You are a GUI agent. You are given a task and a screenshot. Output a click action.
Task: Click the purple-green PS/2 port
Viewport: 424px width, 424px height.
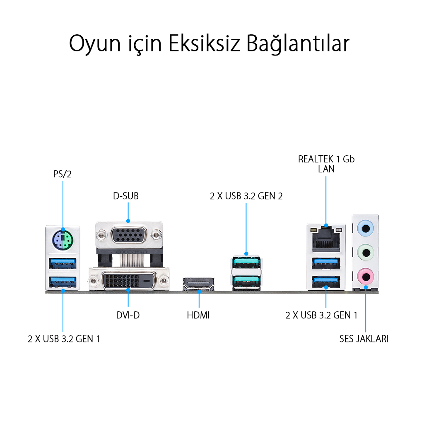point(63,240)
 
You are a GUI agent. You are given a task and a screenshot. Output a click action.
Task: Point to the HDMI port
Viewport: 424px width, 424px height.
point(198,284)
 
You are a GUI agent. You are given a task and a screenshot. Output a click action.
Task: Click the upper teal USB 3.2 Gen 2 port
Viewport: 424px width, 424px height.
point(246,262)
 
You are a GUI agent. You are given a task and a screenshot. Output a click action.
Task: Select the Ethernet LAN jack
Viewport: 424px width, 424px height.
point(326,239)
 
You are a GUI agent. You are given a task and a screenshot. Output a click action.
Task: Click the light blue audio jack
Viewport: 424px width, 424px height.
point(366,229)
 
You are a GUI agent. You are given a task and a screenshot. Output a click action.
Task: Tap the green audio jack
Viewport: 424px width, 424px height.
point(366,253)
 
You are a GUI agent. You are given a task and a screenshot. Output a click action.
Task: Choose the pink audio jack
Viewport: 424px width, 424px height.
point(366,277)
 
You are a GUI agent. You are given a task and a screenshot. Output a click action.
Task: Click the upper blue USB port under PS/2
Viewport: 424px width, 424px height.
point(63,263)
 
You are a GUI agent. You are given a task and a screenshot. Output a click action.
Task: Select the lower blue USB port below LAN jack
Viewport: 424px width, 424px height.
point(326,282)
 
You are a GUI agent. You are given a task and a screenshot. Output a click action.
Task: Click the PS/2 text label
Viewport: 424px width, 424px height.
point(63,174)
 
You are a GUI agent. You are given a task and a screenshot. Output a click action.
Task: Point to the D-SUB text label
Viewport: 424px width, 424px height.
point(126,196)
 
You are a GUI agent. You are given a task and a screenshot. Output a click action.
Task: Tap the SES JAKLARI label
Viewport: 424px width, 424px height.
point(364,339)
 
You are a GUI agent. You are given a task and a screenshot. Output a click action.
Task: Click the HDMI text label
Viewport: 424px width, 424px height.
point(198,315)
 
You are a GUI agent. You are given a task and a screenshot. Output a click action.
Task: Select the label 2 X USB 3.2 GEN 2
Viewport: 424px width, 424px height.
point(246,196)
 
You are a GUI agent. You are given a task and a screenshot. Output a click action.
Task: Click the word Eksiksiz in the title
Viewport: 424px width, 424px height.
point(205,43)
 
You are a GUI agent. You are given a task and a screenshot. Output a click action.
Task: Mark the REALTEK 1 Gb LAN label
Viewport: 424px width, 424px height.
point(326,164)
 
